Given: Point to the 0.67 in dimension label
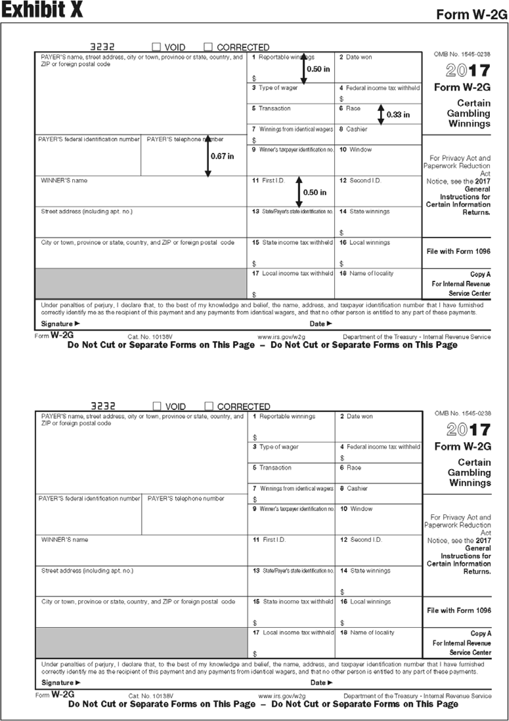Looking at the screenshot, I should (x=222, y=156).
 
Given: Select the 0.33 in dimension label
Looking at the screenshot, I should (x=398, y=115).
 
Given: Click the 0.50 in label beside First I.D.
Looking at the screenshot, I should (x=315, y=192).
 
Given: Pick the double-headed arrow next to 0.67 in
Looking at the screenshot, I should (x=208, y=156).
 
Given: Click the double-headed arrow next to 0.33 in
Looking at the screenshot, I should (x=381, y=115).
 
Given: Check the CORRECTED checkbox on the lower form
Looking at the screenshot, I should (x=209, y=406).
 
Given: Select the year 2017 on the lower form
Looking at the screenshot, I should (x=468, y=430).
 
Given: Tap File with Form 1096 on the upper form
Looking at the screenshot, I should (x=458, y=251).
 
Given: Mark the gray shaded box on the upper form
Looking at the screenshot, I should (x=141, y=283).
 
